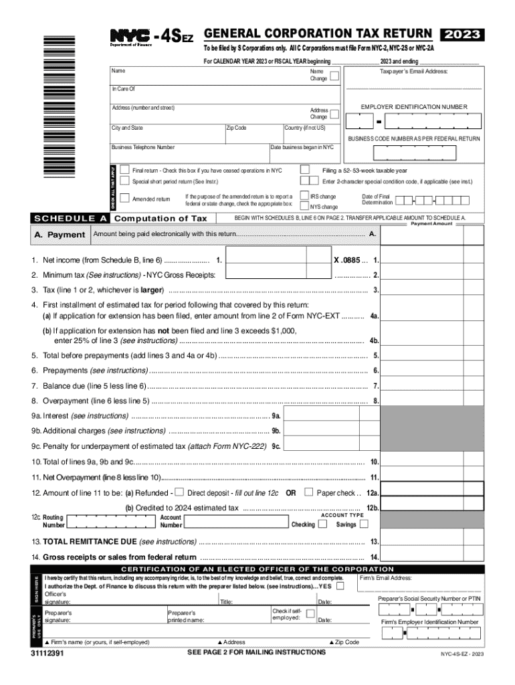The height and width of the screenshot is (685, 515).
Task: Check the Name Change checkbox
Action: click(x=334, y=75)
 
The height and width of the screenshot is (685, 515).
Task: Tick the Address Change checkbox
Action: click(x=334, y=114)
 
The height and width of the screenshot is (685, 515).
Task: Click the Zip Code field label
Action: click(x=237, y=128)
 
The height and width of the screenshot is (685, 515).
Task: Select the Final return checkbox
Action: click(x=124, y=170)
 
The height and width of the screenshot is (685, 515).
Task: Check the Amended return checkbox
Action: click(x=124, y=199)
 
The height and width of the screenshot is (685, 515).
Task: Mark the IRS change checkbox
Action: click(x=304, y=196)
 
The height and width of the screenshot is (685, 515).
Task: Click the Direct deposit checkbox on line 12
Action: click(x=179, y=492)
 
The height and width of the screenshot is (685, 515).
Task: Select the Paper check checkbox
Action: click(x=308, y=492)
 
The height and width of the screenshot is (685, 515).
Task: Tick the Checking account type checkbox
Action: click(x=323, y=524)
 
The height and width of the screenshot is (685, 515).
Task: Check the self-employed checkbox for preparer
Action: click(x=310, y=613)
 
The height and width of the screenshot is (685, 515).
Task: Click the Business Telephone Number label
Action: click(x=143, y=147)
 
